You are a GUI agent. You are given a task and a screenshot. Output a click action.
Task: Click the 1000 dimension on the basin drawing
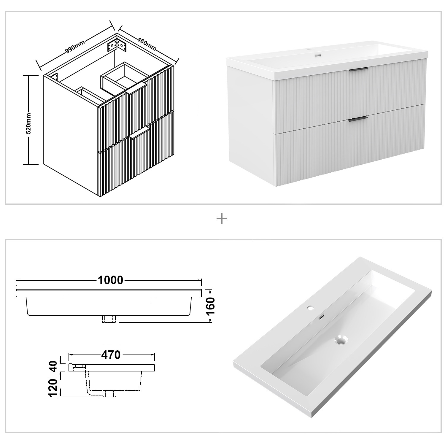coord(110,280)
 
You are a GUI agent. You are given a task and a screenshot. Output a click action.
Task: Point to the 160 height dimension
coord(210,305)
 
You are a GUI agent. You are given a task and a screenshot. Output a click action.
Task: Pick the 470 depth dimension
coord(111,355)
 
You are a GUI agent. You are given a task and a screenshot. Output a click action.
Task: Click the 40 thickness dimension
coord(53,367)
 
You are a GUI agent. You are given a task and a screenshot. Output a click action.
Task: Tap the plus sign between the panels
coord(222,219)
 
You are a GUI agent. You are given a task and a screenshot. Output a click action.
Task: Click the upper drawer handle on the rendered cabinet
coord(358,70)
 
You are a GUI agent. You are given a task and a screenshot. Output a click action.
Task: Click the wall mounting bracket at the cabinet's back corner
coord(117,45)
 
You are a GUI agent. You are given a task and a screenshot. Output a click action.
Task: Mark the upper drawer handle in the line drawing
coord(136,89)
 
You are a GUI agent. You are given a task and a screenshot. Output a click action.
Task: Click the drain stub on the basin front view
coord(109,319)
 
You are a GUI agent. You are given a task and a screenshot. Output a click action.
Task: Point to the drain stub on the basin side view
coord(109,394)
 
